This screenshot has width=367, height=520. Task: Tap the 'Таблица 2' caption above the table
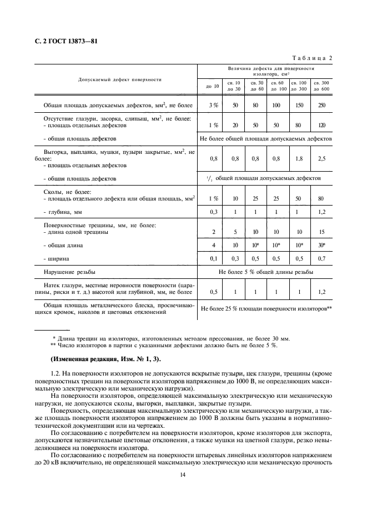click(x=311, y=58)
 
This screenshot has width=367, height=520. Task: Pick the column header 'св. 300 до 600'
click(x=321, y=86)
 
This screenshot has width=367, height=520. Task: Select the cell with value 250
click(x=321, y=104)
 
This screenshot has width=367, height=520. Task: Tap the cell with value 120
click(x=321, y=125)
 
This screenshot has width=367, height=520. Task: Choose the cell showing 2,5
click(x=321, y=158)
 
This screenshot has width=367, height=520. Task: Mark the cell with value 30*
click(x=321, y=245)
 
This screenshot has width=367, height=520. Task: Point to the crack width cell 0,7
click(x=321, y=259)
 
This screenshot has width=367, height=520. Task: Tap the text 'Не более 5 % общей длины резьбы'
click(x=265, y=272)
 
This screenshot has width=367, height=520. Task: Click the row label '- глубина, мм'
click(x=63, y=212)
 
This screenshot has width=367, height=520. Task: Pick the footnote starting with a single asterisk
click(x=169, y=338)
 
